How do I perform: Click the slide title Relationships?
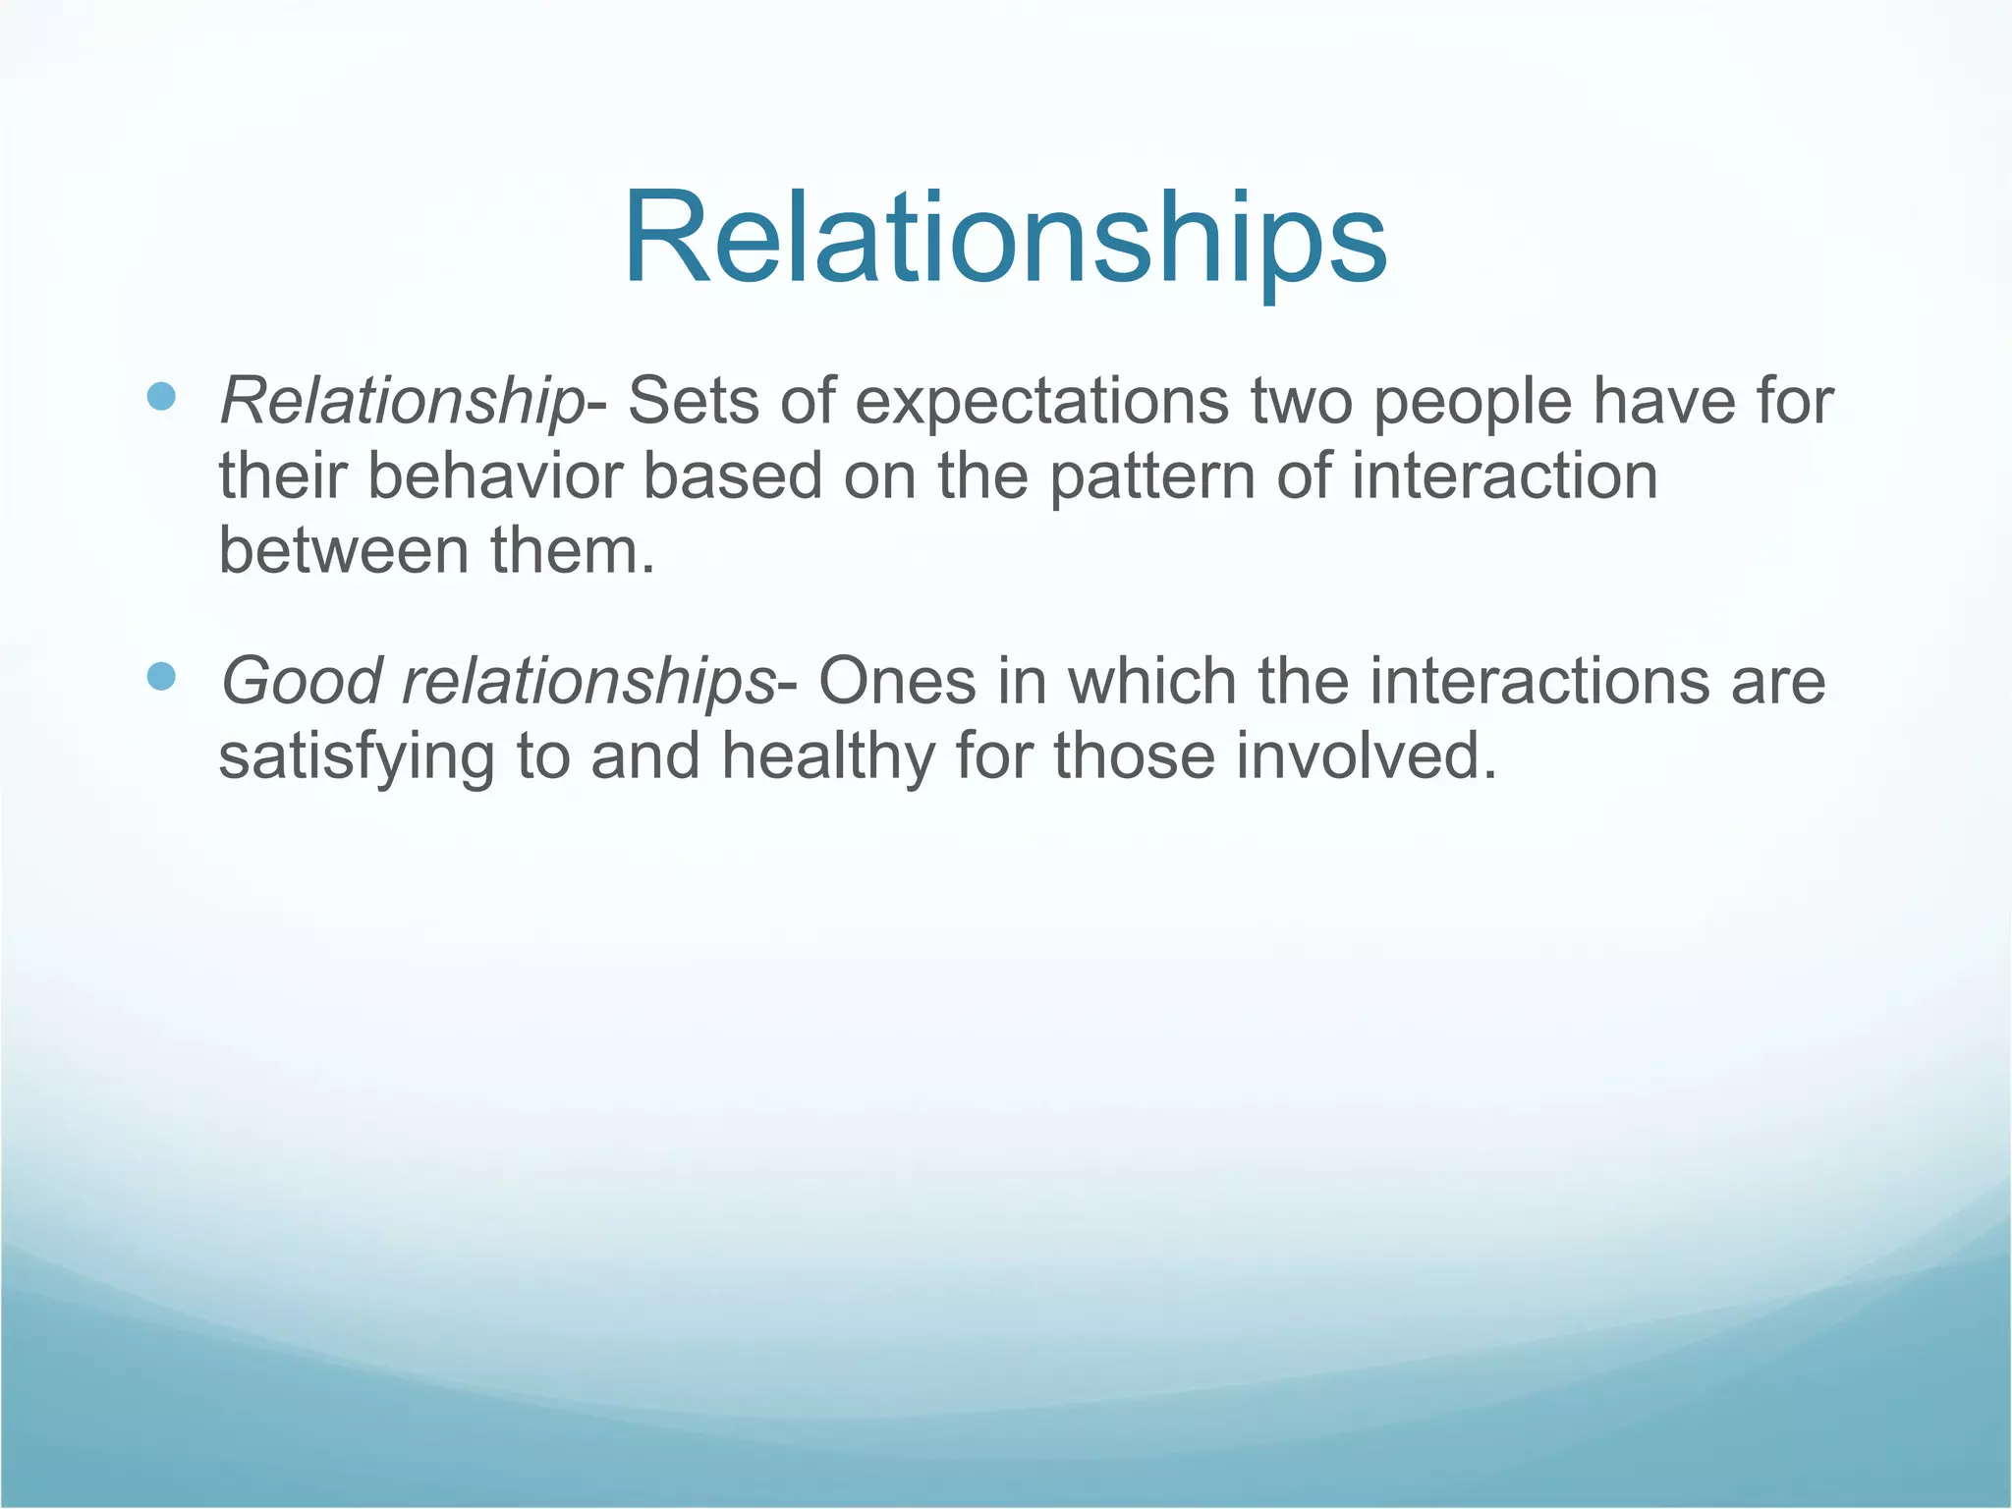click(1005, 239)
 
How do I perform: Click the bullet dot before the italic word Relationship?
click(160, 397)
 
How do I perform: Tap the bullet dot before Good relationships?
click(160, 676)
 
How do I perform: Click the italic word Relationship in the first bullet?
click(401, 403)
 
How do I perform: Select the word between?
click(344, 551)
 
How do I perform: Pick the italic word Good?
click(301, 682)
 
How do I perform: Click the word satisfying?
click(357, 758)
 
